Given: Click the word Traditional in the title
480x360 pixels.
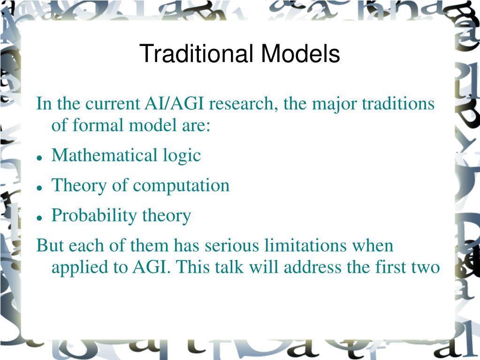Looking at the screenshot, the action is [x=196, y=53].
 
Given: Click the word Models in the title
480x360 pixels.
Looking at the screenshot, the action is [x=300, y=53].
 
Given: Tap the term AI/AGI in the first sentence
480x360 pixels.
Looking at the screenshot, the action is [x=174, y=103].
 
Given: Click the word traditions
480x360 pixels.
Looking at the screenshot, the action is [x=398, y=103].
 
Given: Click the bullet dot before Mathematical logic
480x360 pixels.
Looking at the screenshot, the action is [x=39, y=158].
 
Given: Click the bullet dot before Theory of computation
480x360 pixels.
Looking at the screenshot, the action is [x=39, y=188].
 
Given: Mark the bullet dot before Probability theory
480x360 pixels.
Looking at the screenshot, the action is [x=39, y=218].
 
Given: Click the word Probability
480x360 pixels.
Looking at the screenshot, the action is [x=94, y=216].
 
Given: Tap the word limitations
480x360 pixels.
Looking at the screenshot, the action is [x=305, y=245].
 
